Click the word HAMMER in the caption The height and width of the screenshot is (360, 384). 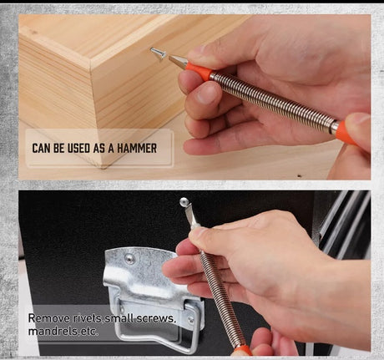pyautogui.click(x=137, y=148)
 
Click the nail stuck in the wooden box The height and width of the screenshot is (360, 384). pyautogui.click(x=158, y=52)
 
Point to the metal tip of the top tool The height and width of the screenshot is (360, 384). pyautogui.click(x=177, y=61)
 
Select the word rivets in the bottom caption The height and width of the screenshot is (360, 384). pyautogui.click(x=87, y=318)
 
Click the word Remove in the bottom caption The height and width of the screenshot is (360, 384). pyautogui.click(x=49, y=318)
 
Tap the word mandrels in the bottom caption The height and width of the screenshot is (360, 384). pyautogui.click(x=47, y=332)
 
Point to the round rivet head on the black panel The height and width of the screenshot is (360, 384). pyautogui.click(x=184, y=202)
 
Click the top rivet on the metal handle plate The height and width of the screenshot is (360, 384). pyautogui.click(x=129, y=259)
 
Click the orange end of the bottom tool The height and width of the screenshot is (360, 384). pyautogui.click(x=241, y=351)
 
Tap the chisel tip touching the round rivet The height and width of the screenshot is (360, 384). pyautogui.click(x=191, y=215)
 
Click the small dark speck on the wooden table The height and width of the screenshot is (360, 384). pyautogui.click(x=299, y=175)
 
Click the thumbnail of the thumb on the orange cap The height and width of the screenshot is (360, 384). pyautogui.click(x=358, y=119)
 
